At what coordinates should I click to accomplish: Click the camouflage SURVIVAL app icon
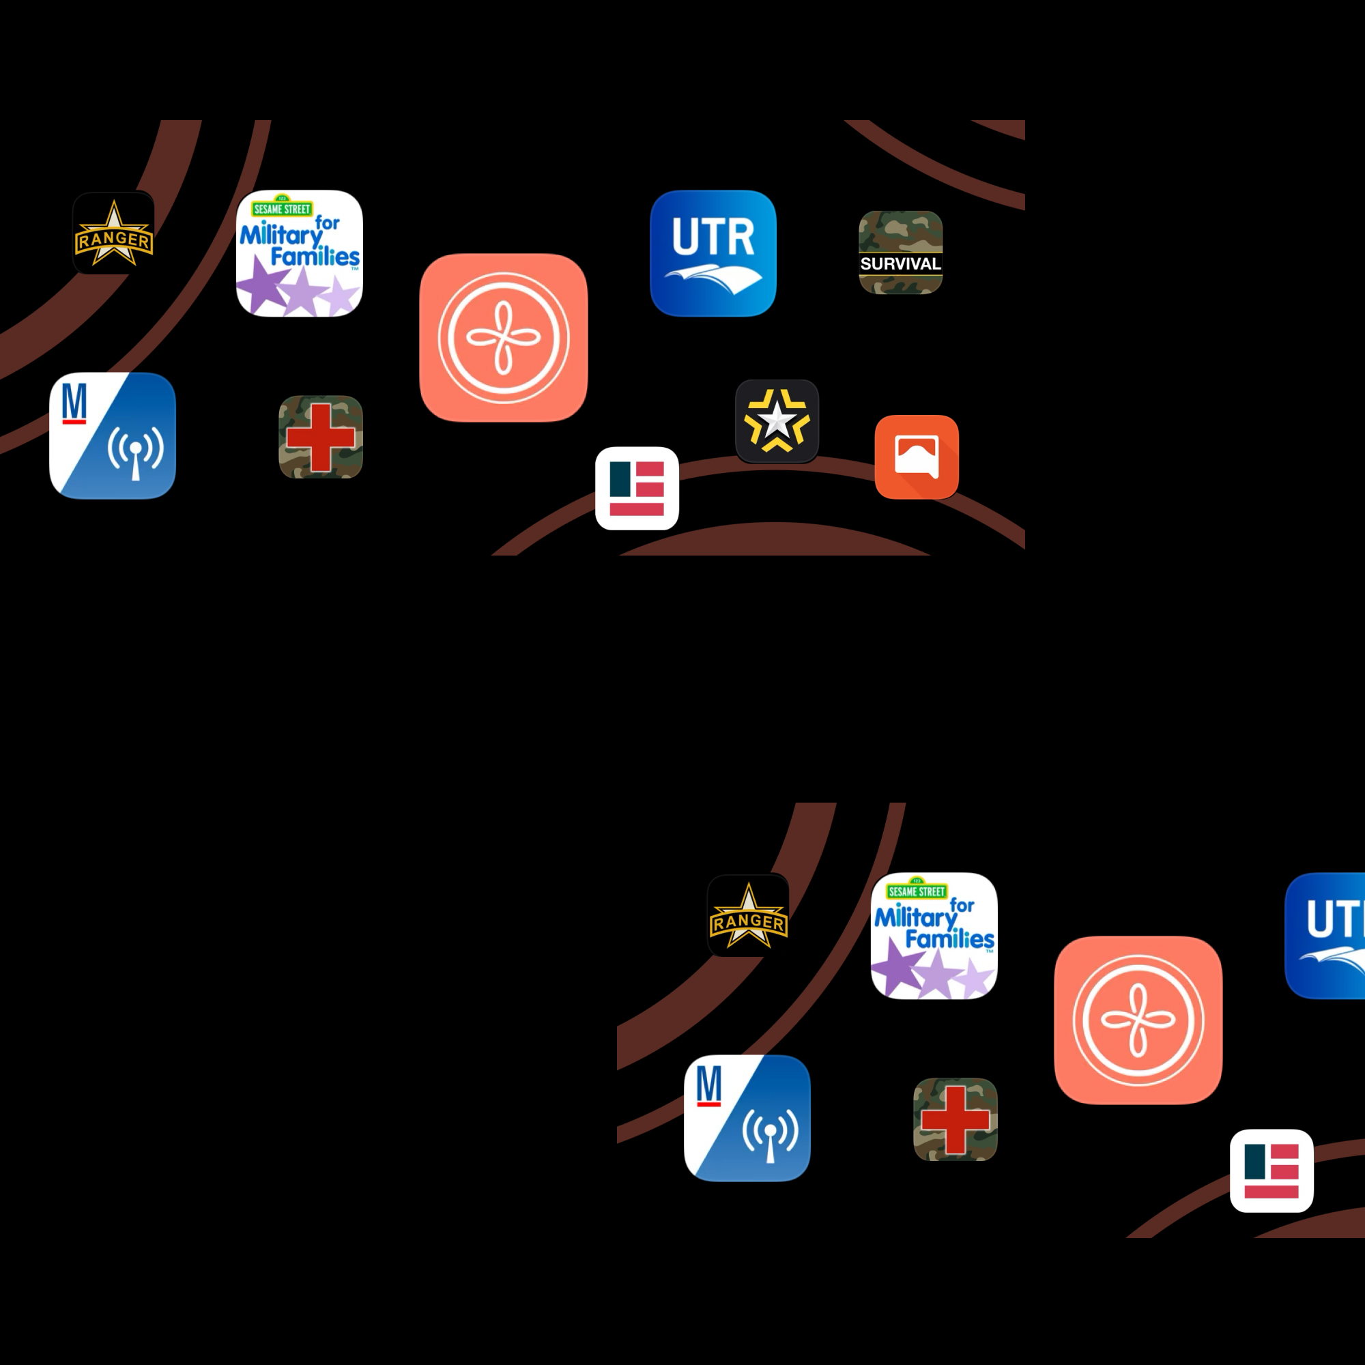[900, 253]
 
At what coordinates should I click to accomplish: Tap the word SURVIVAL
[900, 263]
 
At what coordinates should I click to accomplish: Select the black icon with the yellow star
[777, 421]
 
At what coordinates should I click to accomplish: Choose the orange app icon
[917, 457]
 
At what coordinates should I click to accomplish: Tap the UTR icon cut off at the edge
[1325, 936]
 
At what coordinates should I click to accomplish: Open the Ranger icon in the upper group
[113, 233]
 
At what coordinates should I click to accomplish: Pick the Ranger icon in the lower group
[748, 915]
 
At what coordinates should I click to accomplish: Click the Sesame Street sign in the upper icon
[282, 207]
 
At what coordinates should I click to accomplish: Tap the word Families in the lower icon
[949, 939]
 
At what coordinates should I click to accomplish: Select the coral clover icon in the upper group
[503, 337]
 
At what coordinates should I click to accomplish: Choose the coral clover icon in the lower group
[1138, 1020]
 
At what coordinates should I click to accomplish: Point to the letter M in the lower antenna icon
[708, 1085]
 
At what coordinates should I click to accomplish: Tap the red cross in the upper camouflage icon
[321, 437]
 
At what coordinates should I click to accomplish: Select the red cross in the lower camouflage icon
[955, 1120]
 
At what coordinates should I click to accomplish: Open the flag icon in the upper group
[637, 488]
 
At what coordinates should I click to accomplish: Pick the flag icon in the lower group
[1271, 1170]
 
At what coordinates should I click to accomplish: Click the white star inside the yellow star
[777, 420]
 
